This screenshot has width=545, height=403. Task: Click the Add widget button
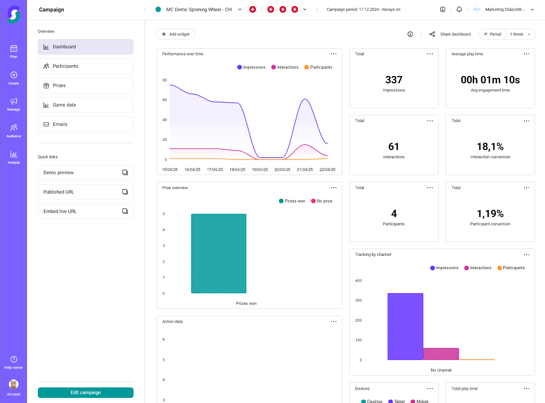coord(175,34)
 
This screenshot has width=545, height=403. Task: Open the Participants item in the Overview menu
coord(86,66)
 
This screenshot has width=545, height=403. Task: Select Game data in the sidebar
coord(86,105)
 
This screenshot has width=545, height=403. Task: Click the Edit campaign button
coord(86,393)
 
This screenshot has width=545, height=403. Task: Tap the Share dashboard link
coord(455,34)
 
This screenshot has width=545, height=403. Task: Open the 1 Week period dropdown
coord(520,34)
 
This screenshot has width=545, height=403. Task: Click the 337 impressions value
coord(394,80)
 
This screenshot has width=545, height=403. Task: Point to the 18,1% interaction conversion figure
coord(490,147)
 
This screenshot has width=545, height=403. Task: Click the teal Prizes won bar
coord(219,253)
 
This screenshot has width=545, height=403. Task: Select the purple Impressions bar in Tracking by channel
coord(405,326)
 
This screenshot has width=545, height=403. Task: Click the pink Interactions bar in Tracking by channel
coord(441,354)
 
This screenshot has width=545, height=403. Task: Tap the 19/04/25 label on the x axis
coord(260,170)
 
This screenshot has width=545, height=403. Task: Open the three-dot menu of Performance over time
coord(334,54)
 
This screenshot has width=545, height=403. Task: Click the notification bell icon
coord(459,10)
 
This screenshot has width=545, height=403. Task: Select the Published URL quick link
coord(86,192)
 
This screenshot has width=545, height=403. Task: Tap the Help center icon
coord(14,359)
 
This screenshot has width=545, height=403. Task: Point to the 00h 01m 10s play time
coord(490,80)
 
